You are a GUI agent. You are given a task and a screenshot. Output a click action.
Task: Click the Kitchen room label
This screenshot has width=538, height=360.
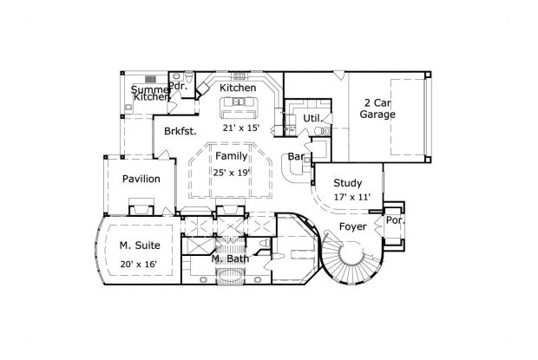click(237, 88)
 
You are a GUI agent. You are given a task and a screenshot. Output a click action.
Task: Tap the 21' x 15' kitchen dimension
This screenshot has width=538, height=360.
click(241, 128)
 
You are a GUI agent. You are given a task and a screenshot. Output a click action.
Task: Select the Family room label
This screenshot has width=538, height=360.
click(231, 156)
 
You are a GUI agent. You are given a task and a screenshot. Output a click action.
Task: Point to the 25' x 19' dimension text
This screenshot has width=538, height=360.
click(232, 172)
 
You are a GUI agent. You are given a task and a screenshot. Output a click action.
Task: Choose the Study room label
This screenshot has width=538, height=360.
click(347, 182)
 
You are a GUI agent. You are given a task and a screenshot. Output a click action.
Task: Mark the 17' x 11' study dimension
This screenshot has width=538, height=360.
click(351, 198)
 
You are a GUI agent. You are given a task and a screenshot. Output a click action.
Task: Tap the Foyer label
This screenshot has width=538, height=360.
click(352, 226)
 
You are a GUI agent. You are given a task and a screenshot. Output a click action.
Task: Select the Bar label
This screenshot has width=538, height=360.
click(297, 158)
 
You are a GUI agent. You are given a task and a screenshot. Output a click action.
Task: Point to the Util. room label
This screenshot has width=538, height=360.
click(313, 117)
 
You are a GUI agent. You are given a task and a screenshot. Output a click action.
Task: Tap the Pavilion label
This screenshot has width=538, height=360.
click(140, 179)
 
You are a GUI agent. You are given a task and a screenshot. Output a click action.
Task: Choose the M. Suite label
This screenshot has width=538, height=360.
click(139, 246)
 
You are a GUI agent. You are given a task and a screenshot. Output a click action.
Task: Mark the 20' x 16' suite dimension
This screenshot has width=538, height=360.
click(139, 263)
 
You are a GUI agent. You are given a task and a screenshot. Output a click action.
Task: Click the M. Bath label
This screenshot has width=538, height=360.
click(230, 259)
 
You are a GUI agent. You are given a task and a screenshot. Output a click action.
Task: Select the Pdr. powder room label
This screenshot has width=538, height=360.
click(178, 86)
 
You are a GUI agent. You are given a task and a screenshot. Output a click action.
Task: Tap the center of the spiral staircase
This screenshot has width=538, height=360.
click(354, 256)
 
